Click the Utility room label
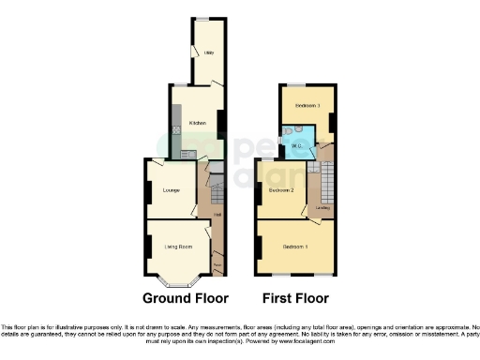(x=209, y=53)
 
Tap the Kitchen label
(x=198, y=123)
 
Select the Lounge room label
(x=171, y=191)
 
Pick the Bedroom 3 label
(x=307, y=105)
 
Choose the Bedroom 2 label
(x=282, y=190)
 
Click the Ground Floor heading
(x=186, y=299)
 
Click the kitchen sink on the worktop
(x=186, y=153)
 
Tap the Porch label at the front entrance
(x=217, y=265)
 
